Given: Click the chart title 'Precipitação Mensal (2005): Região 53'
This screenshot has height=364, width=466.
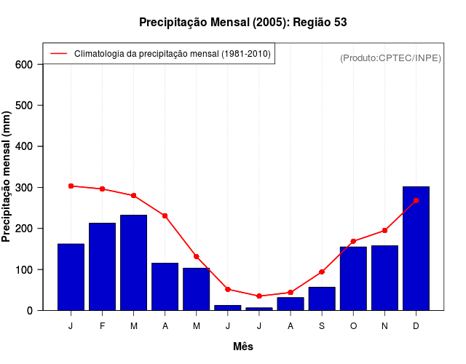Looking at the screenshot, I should pos(242,23).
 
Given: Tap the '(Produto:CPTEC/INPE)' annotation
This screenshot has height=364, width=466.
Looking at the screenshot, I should pos(390,58).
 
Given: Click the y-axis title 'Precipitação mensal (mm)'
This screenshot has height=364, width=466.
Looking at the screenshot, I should pos(7,177).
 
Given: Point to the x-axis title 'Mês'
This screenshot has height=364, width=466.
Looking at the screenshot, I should pos(242,347).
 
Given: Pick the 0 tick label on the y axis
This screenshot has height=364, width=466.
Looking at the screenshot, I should pos(30,311).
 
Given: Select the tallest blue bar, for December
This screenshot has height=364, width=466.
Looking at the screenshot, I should pos(416,248).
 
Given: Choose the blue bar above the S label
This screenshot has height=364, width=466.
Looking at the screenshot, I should pos(322,298).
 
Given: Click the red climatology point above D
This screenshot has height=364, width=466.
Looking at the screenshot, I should pos(416,200).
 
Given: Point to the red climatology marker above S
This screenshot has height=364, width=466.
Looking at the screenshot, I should pos(322,272).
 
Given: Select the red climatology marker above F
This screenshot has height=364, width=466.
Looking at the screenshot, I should pos(102,189).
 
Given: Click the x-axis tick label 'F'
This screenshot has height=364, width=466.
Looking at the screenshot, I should pos(102,326).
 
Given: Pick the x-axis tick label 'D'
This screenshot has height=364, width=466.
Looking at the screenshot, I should pos(416,326).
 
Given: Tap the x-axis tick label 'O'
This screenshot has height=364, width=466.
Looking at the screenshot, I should pos(353,326).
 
